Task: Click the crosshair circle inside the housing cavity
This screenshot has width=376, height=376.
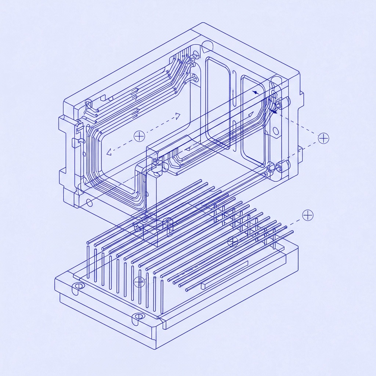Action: point(140,136)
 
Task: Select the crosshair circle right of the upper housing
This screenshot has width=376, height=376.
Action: point(323,138)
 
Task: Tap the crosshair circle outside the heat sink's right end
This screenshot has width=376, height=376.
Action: point(307,216)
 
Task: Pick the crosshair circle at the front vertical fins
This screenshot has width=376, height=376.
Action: point(139,282)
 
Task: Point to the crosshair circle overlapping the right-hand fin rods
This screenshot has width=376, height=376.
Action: point(233,241)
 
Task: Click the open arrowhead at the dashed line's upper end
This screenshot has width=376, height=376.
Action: point(178,116)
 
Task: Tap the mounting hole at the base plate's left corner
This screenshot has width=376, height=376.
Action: point(78,287)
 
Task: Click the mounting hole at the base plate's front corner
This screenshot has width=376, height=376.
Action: point(138,316)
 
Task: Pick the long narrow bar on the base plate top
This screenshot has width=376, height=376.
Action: point(224,274)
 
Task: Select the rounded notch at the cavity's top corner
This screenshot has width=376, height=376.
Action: point(207,46)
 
